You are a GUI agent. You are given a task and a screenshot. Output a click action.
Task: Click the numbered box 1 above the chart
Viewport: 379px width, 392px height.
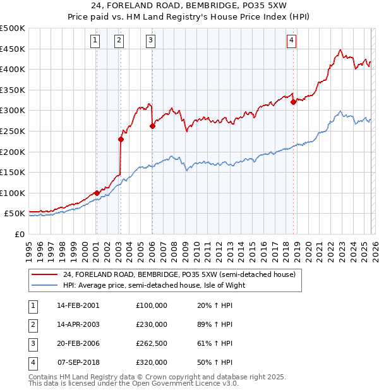point(95,41)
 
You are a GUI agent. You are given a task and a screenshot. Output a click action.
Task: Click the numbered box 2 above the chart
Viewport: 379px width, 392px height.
point(119,41)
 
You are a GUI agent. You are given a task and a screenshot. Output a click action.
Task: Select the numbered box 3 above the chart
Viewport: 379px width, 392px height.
point(151,41)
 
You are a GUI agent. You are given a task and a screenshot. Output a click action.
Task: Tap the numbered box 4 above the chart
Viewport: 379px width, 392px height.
point(291,41)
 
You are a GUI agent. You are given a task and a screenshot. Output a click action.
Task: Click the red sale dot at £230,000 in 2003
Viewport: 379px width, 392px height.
point(121,140)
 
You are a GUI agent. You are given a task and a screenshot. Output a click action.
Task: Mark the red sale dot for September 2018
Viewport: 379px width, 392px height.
point(293,102)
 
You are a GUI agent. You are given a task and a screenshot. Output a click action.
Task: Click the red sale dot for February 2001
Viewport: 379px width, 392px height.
point(97,193)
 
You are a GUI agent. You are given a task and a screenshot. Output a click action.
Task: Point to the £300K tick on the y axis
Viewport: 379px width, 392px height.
point(13,111)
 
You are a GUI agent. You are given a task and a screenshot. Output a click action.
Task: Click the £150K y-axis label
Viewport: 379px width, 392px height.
point(13,172)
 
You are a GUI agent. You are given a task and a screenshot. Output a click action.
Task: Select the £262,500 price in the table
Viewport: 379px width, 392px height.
point(152,343)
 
